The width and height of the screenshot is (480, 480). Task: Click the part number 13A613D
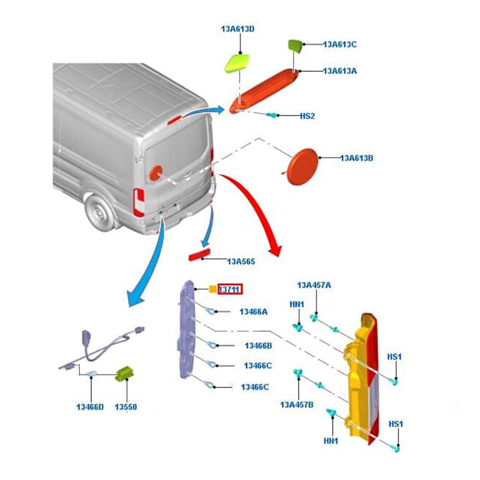pos(238,28)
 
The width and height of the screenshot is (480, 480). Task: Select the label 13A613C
pos(340,44)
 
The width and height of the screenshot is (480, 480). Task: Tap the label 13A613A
pos(340,71)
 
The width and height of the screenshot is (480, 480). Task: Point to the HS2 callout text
pos(307,115)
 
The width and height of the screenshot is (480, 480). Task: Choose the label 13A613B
pos(357,158)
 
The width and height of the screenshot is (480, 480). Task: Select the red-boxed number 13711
pos(229,290)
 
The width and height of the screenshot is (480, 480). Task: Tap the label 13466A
pos(253,311)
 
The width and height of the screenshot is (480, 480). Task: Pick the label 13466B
pos(258,346)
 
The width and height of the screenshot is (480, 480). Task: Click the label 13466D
pos(90,407)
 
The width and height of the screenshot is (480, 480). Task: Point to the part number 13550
pos(126,407)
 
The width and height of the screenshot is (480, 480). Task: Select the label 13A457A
pos(314,285)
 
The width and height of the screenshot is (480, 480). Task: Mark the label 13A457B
pos(296,404)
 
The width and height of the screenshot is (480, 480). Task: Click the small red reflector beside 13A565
pos(197,256)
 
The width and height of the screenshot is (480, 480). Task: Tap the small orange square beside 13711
pos(212,290)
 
